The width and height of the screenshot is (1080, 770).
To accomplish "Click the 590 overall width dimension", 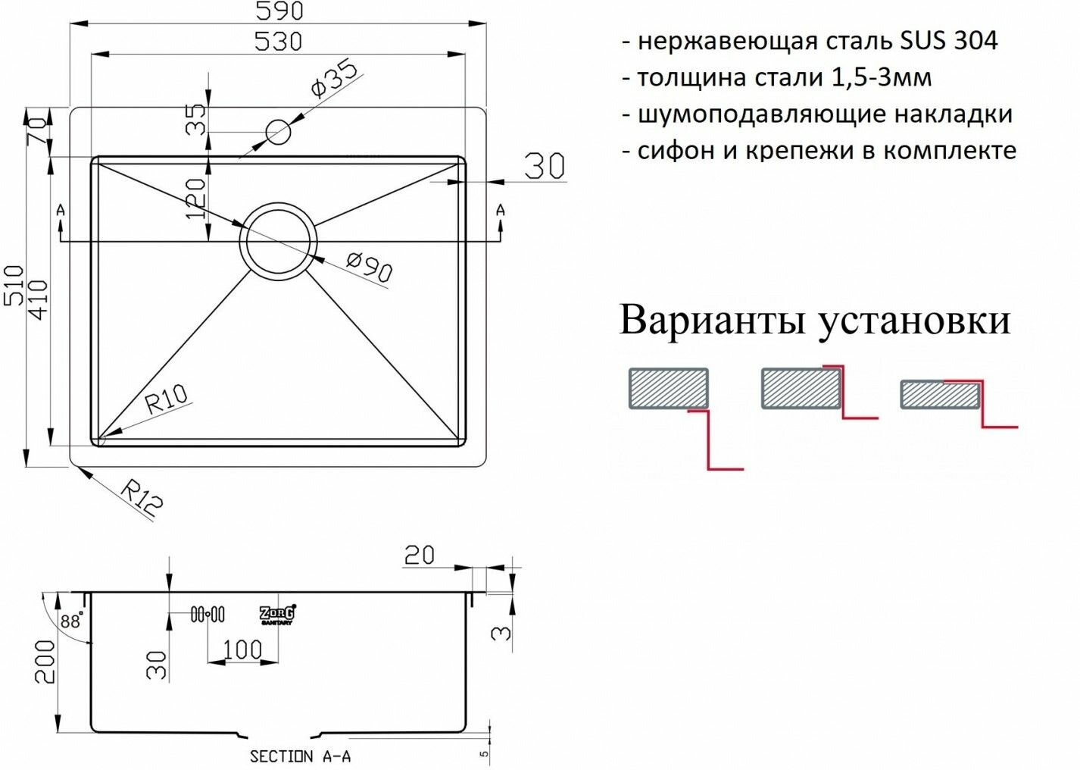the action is [x=278, y=11].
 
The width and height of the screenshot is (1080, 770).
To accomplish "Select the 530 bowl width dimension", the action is [x=278, y=41].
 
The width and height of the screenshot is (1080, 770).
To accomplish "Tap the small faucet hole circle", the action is [x=279, y=133].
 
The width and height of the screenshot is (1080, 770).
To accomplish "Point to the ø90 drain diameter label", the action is [x=369, y=268].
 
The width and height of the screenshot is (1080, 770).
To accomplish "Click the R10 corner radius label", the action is [x=166, y=398].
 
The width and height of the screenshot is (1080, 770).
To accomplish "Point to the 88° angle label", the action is [x=70, y=622].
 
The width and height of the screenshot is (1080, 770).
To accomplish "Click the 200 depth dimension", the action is [x=45, y=661].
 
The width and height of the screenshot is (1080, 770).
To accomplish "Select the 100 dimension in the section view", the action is [x=242, y=649].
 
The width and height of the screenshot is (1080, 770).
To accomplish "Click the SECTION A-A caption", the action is [x=300, y=756].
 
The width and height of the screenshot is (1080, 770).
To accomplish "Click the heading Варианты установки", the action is [x=815, y=320].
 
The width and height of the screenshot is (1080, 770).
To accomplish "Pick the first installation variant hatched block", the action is [x=667, y=389].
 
